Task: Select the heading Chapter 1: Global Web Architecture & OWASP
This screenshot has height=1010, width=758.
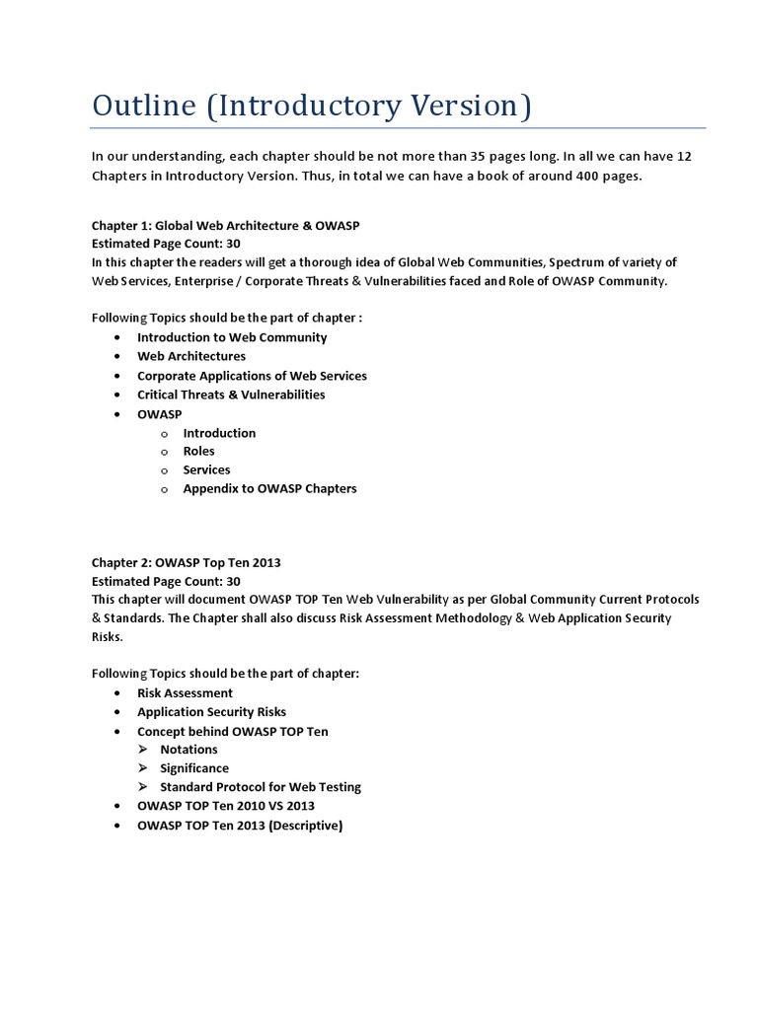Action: (225, 225)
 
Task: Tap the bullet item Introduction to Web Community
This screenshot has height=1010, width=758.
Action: (232, 337)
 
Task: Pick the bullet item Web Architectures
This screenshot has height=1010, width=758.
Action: (191, 356)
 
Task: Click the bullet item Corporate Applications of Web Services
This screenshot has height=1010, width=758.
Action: (252, 376)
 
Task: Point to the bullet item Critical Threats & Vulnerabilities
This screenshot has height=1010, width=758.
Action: (231, 395)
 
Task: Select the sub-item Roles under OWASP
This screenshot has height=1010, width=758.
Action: (198, 451)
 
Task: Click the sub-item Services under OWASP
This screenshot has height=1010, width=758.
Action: (206, 469)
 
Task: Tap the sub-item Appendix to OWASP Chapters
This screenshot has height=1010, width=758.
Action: (269, 488)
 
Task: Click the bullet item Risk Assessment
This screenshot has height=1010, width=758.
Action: (185, 693)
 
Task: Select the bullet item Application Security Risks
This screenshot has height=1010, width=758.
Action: (211, 712)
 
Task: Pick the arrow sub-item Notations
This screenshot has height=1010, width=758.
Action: (189, 750)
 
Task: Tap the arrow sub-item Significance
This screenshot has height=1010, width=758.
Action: (194, 768)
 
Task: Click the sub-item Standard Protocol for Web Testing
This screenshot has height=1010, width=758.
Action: (261, 787)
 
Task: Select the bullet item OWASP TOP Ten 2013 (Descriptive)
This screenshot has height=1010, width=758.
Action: (240, 826)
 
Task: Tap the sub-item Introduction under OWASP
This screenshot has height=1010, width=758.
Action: (219, 433)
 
